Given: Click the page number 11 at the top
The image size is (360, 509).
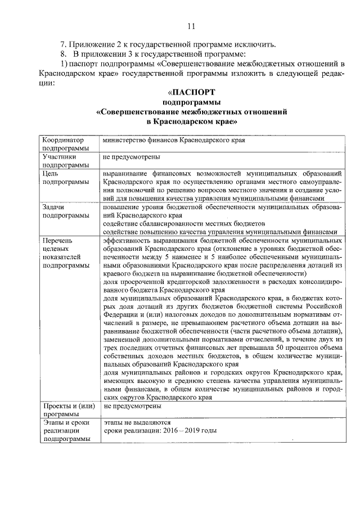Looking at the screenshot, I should [x=190, y=26].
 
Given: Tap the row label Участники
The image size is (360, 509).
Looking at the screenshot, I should [x=58, y=157].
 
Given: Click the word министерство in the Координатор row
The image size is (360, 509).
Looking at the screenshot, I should [x=124, y=139].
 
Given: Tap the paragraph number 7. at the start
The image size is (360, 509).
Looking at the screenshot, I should [x=64, y=44].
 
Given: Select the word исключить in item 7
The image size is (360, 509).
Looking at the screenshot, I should [x=258, y=44].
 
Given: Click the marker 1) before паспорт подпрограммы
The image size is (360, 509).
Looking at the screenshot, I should [x=64, y=64].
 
